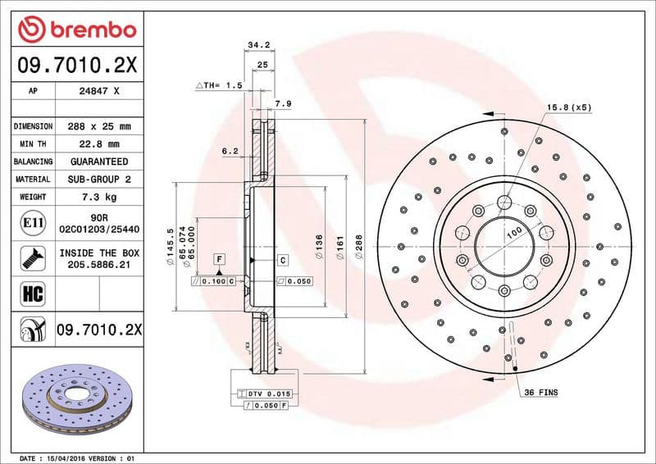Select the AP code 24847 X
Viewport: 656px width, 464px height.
(x=100, y=92)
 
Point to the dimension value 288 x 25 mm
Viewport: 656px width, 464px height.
(x=100, y=126)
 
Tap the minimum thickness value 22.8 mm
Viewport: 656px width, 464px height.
(x=100, y=144)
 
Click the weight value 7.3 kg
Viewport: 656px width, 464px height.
(x=100, y=197)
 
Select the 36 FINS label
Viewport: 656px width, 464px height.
(x=541, y=393)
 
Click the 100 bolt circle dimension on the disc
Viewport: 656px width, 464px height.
(x=514, y=233)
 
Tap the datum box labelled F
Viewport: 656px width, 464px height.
(x=220, y=260)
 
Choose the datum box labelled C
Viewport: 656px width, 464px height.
(x=282, y=260)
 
